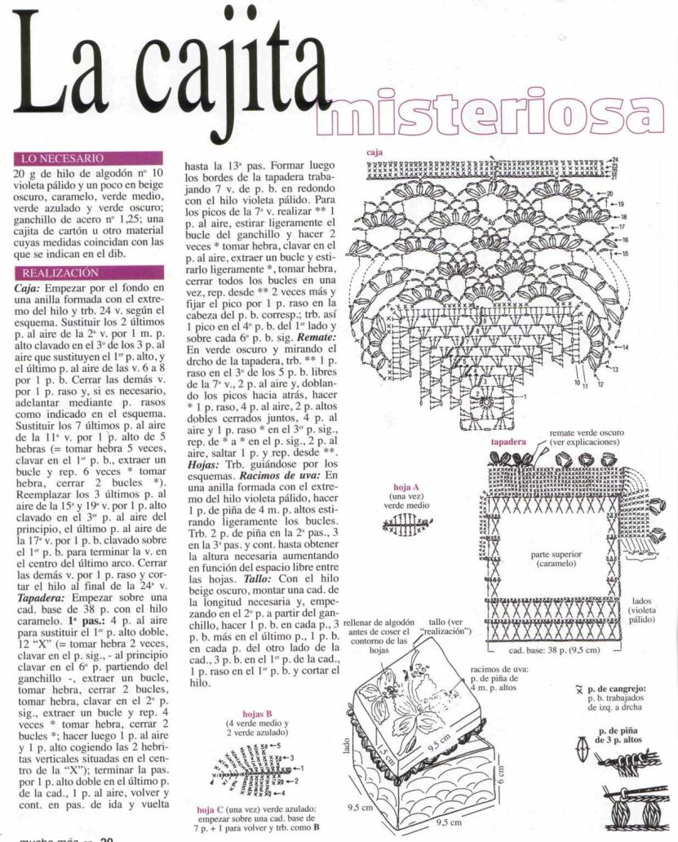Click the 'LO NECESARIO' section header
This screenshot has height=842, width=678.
(x=62, y=157)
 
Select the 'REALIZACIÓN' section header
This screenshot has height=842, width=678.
(x=60, y=273)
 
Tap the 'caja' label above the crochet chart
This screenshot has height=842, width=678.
(x=374, y=152)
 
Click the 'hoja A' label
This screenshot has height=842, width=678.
(x=405, y=487)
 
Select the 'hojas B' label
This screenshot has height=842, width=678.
(x=258, y=712)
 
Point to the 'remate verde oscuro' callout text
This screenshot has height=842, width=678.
(x=587, y=432)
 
